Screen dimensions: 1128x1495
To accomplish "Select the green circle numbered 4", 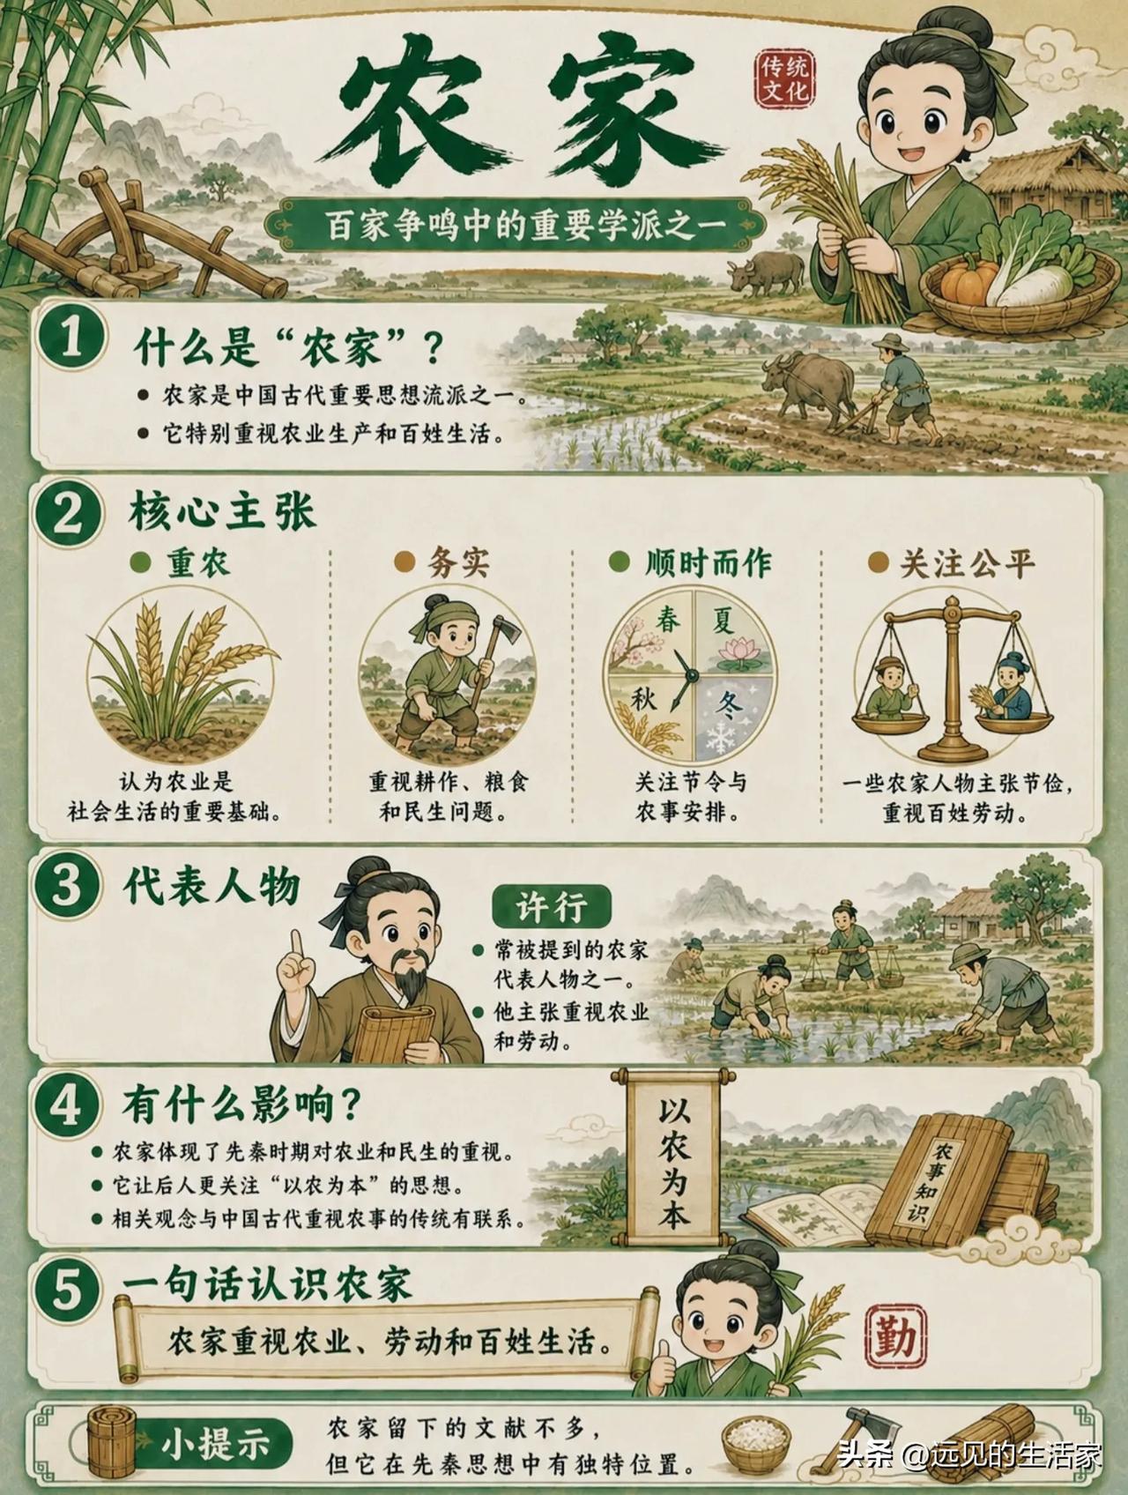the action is coord(67,1108).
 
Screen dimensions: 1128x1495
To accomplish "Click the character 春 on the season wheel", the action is coord(669,621).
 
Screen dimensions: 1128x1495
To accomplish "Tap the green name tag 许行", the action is coord(550,906).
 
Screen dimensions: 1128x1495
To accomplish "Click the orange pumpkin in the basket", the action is coord(968,277).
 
